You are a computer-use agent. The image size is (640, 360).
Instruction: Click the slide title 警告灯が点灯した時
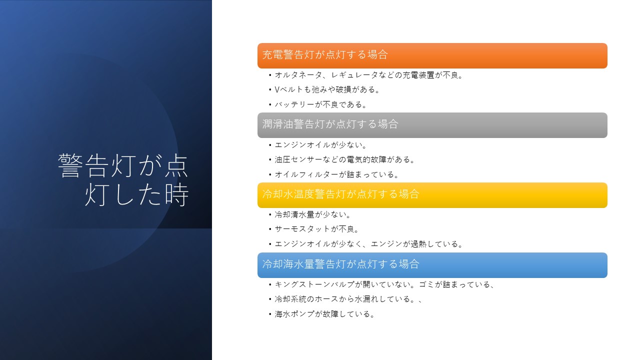point(123,179)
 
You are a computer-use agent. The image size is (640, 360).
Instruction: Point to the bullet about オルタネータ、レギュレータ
point(368,75)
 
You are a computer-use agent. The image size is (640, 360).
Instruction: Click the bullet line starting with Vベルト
point(327,89)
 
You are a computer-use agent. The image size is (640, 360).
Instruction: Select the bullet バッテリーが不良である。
point(320,104)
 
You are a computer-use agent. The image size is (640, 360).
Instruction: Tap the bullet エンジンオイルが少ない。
point(320,145)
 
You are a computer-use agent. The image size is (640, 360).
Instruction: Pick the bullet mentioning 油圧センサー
point(344,159)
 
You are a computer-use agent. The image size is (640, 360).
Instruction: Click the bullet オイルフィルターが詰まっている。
point(336,174)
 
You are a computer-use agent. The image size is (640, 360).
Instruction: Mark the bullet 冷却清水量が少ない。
point(312,214)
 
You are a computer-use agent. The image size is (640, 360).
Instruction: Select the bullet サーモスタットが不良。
point(316,229)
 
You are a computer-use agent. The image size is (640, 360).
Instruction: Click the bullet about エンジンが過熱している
point(368,244)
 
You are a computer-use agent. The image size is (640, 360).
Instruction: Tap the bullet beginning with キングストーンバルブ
point(384,284)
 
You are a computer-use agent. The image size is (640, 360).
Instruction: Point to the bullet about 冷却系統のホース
point(348,299)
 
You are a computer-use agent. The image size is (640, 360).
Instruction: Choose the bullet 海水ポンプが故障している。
point(324,314)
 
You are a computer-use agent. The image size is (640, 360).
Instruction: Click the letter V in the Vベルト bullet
point(277,89)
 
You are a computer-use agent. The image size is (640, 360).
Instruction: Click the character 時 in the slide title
point(177,195)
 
